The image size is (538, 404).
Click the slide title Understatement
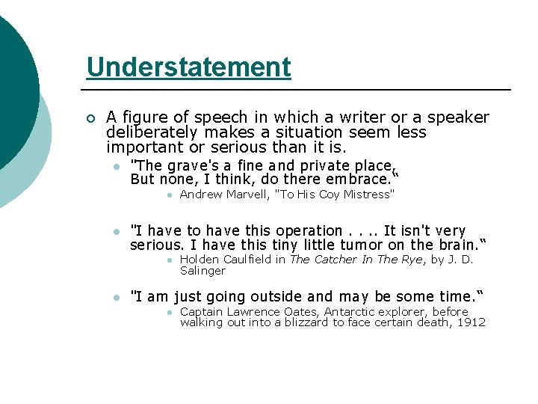188,67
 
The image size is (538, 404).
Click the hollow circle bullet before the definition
90,118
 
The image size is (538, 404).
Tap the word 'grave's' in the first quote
191,166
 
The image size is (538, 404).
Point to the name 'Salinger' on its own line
202,271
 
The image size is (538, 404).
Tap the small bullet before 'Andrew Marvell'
170,195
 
